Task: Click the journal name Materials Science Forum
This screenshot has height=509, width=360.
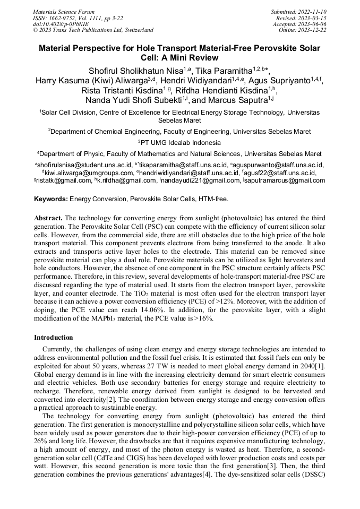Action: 63,11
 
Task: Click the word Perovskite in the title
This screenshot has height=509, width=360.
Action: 255,48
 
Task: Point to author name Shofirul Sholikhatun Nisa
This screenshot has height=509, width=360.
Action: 135,71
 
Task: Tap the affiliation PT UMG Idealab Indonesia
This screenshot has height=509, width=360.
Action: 181,142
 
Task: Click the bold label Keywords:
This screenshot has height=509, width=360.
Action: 50,200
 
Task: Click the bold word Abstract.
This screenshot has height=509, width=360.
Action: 48,218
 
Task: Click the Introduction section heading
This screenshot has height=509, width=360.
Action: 54,338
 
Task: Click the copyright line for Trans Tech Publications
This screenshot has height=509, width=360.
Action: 93,30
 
